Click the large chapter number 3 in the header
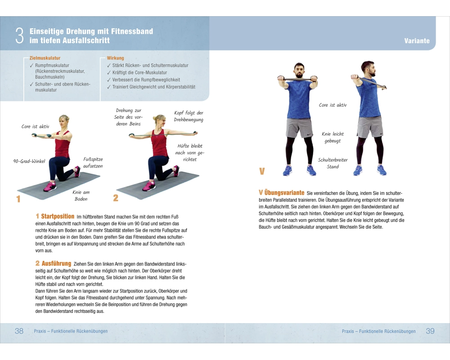19,36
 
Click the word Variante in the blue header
417,41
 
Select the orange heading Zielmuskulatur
45,58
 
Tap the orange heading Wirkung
115,58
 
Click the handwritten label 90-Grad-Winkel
29,161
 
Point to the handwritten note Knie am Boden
81,195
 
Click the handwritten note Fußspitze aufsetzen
93,162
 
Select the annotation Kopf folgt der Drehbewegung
189,116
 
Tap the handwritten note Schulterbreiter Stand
333,163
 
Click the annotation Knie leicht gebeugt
333,137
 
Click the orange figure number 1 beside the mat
18,198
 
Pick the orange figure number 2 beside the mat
116,198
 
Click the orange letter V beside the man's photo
262,171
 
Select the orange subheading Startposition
58,216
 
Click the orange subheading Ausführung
56,263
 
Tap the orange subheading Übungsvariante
284,193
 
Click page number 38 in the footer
19,331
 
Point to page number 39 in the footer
430,331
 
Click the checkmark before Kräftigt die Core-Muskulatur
109,72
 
